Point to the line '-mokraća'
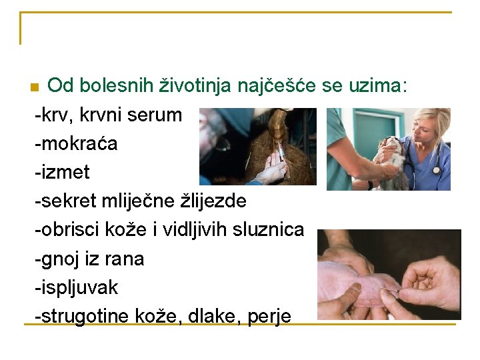pos(76,143)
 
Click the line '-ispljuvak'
pos(76,287)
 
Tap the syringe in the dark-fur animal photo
pos(281,153)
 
